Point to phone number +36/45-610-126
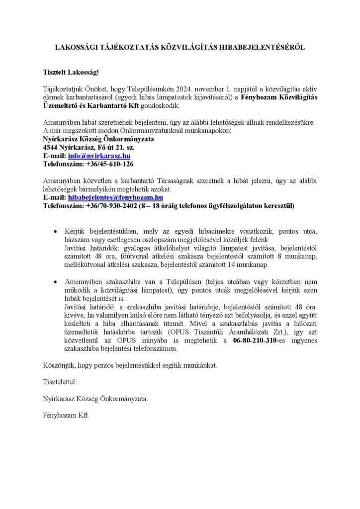109,164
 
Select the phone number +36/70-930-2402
111,205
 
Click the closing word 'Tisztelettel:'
60,382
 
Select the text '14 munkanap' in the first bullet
250,264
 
